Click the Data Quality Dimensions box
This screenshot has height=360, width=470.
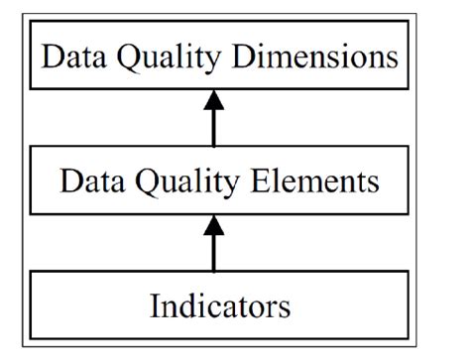click(x=220, y=55)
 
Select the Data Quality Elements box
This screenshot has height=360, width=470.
click(x=220, y=181)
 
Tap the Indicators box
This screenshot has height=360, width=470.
click(x=220, y=305)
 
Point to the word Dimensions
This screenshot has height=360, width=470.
click(x=317, y=56)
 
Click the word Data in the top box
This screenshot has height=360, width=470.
click(x=71, y=56)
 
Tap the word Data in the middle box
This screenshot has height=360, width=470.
click(x=91, y=182)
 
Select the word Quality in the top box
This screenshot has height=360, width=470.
click(x=170, y=57)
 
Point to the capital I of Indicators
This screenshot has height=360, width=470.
click(x=155, y=305)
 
